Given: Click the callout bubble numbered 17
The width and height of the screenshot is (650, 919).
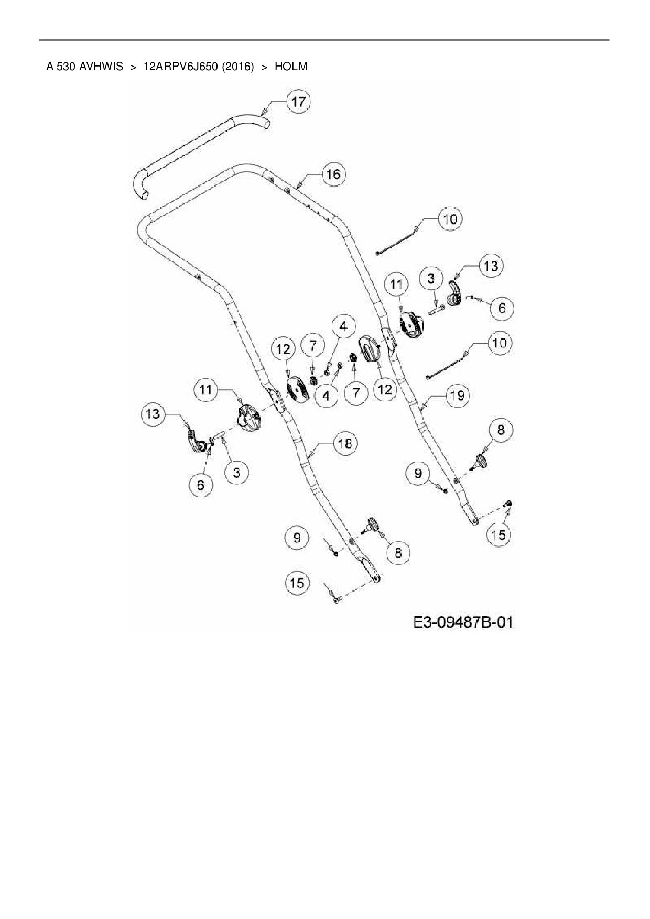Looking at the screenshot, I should pyautogui.click(x=298, y=101).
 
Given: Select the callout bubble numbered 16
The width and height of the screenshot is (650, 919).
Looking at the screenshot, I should pyautogui.click(x=333, y=174).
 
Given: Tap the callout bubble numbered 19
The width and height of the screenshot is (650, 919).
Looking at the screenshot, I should pyautogui.click(x=457, y=395).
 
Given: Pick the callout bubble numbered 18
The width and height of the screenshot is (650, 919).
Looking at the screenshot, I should pyautogui.click(x=345, y=444).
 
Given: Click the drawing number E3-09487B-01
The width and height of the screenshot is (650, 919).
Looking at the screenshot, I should pyautogui.click(x=463, y=622).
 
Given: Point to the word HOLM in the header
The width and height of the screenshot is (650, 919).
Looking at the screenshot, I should pyautogui.click(x=291, y=67).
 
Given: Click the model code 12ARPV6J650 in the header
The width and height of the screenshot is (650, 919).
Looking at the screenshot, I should pyautogui.click(x=180, y=67).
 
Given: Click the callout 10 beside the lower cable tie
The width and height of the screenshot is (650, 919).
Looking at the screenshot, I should pyautogui.click(x=500, y=343).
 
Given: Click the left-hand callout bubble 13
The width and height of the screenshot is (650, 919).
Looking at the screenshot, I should pyautogui.click(x=153, y=414).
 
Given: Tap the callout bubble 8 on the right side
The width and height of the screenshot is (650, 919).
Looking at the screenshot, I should pyautogui.click(x=500, y=430).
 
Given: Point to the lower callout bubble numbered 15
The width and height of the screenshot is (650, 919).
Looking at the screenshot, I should pyautogui.click(x=297, y=583).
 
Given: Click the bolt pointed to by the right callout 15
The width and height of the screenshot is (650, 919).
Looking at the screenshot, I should pyautogui.click(x=507, y=504).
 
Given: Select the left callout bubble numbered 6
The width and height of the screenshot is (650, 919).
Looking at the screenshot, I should pyautogui.click(x=201, y=485).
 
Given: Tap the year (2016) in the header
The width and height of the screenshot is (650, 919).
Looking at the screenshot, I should pyautogui.click(x=237, y=67).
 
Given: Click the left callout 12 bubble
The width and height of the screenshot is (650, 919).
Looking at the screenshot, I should pyautogui.click(x=284, y=349).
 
